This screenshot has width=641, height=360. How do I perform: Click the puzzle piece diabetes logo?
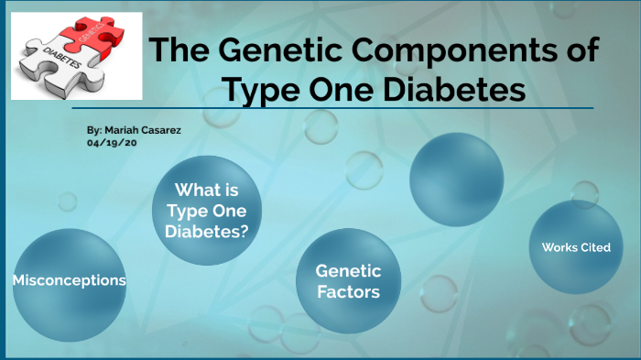pos(76,56)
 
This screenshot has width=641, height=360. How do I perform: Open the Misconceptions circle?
pos(70,279)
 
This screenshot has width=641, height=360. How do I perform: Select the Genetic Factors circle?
pos(348,281)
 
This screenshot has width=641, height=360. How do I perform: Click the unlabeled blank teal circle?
pos(456,179)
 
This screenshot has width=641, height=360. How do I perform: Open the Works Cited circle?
pos(576,247)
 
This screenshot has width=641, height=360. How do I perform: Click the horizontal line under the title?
pos(366,108)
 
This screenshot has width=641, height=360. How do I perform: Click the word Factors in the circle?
pos(348,292)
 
